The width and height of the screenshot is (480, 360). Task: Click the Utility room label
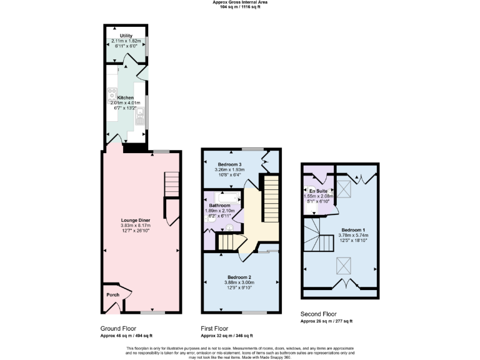[126, 36]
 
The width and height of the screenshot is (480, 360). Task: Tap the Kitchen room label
[126, 97]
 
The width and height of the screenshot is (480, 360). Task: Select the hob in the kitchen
[113, 94]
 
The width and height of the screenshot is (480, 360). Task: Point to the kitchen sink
[141, 114]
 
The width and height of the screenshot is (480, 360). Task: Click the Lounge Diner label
[135, 220]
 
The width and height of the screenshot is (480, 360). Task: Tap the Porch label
[112, 295]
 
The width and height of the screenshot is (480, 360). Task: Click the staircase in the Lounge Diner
[171, 184]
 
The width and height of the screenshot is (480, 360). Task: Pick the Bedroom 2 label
[239, 277]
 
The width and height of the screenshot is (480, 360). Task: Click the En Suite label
[317, 191]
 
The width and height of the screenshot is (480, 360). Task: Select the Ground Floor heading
[118, 328]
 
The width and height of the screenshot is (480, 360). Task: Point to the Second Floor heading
[319, 314]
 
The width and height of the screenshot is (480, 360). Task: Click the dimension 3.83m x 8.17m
[135, 226]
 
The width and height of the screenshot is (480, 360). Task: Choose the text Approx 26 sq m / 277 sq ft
[326, 321]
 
